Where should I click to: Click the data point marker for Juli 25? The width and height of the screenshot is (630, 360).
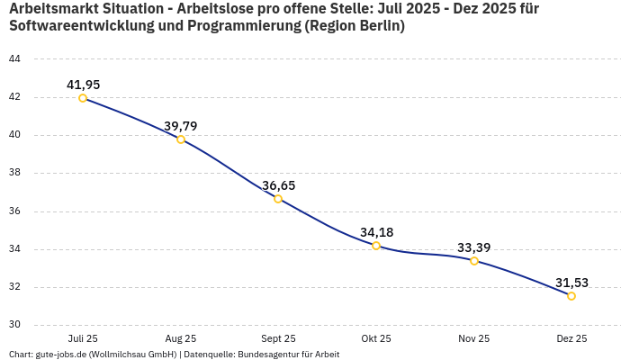[83, 98]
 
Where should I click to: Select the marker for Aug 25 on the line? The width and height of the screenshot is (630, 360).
[181, 139]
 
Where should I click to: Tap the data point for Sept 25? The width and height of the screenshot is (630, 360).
[278, 199]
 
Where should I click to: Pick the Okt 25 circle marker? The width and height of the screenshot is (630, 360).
[376, 246]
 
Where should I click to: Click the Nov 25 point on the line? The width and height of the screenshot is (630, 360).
[474, 261]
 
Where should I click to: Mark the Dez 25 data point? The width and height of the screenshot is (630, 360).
[571, 296]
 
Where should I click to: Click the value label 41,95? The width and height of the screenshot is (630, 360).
[83, 85]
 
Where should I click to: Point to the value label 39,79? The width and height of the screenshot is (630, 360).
[181, 126]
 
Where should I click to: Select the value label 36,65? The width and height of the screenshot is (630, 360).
[278, 185]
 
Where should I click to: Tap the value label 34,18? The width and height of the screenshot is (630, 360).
[376, 232]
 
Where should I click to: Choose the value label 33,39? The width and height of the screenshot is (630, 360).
[474, 247]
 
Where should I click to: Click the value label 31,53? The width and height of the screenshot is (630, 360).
[571, 283]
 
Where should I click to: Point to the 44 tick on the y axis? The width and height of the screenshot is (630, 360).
[14, 59]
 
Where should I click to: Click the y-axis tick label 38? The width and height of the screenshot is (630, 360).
[14, 174]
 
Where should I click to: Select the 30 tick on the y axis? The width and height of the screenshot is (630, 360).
[14, 326]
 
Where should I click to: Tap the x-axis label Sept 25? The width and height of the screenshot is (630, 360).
[278, 338]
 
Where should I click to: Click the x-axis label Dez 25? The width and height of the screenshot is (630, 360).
[571, 338]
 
